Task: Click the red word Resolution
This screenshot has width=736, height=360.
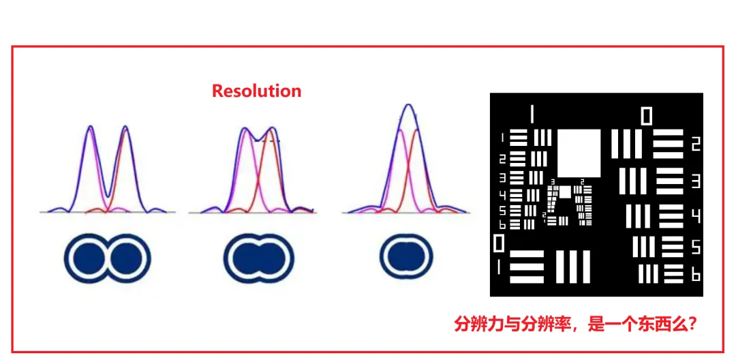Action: click(x=256, y=91)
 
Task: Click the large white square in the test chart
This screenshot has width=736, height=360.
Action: click(x=579, y=153)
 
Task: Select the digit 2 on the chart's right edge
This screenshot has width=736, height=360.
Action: click(x=695, y=143)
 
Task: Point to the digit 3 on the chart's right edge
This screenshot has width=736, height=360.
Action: click(x=696, y=181)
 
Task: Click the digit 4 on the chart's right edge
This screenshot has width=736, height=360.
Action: click(x=696, y=217)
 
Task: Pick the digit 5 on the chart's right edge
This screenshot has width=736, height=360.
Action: click(x=696, y=247)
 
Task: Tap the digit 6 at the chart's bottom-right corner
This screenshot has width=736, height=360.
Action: click(x=696, y=274)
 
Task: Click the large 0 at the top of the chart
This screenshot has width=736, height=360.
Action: click(x=646, y=116)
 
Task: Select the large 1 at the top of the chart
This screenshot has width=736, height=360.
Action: click(x=532, y=114)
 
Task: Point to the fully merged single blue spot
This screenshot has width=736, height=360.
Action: click(x=406, y=257)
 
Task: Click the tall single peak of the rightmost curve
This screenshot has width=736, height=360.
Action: click(x=408, y=105)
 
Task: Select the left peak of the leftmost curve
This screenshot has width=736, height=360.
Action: click(x=91, y=127)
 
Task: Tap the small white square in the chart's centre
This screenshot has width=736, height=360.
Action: click(x=565, y=192)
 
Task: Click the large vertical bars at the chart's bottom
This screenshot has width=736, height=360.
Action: click(x=572, y=266)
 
